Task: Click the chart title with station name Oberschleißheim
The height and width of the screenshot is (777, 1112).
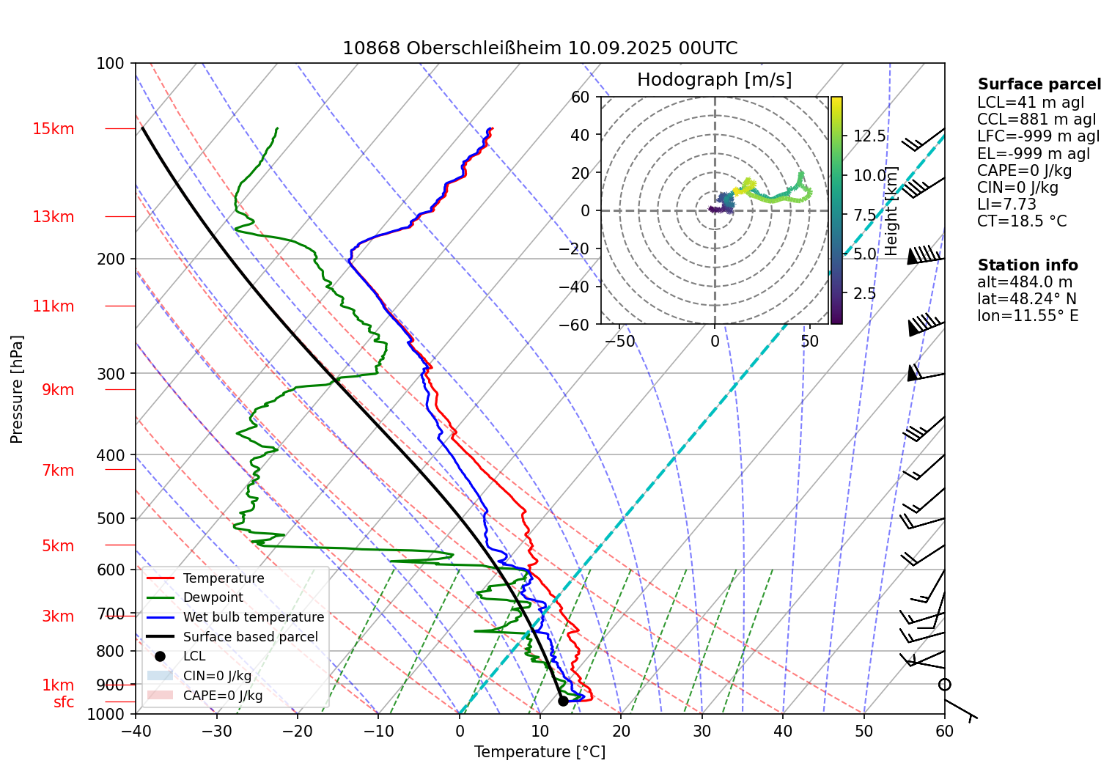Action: (x=540, y=48)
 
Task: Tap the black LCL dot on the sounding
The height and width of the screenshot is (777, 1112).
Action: (x=563, y=701)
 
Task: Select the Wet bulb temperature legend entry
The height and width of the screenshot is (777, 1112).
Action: (x=253, y=617)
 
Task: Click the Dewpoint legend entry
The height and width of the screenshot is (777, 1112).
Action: (x=213, y=597)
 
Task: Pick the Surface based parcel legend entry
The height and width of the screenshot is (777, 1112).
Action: (x=250, y=637)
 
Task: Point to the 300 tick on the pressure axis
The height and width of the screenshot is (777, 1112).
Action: (x=111, y=374)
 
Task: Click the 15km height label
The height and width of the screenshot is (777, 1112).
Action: (x=53, y=129)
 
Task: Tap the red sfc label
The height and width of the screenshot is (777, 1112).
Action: (x=64, y=702)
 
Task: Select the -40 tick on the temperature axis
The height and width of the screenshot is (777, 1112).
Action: (x=136, y=731)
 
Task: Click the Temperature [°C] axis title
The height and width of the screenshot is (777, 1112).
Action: (x=540, y=752)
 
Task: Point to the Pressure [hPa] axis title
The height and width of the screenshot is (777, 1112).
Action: (x=17, y=389)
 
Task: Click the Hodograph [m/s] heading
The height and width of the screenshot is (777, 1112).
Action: (x=714, y=80)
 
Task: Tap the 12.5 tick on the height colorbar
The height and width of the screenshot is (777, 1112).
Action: (x=869, y=136)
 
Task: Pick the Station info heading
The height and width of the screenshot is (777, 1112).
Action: (x=1028, y=265)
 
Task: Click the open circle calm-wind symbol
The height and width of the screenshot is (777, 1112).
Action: (x=944, y=685)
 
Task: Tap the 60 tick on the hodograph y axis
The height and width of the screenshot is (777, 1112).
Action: (x=580, y=97)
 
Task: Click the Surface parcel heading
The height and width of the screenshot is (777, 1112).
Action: (x=1039, y=84)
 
